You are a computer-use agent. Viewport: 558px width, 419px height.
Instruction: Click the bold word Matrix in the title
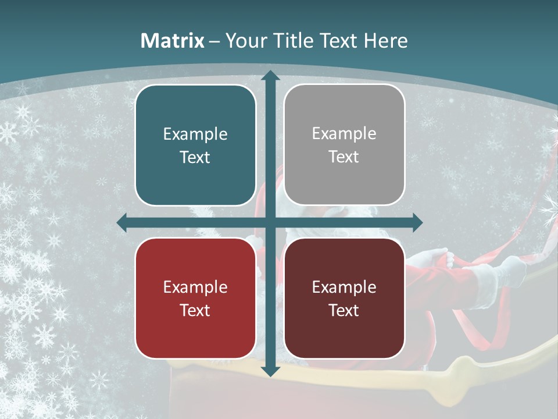pyautogui.click(x=173, y=41)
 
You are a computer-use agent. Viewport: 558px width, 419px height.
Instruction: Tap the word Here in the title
pyautogui.click(x=385, y=41)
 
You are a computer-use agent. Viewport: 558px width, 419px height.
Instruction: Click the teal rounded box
pyautogui.click(x=195, y=145)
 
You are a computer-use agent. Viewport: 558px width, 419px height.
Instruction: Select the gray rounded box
pyautogui.click(x=344, y=145)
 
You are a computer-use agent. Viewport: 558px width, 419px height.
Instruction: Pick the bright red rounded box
pyautogui.click(x=195, y=298)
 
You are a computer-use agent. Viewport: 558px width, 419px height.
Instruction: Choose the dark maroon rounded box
pyautogui.click(x=344, y=298)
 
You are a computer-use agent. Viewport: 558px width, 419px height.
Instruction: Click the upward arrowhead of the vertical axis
pyautogui.click(x=270, y=76)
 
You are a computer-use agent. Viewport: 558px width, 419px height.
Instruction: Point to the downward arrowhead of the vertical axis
pyautogui.click(x=270, y=371)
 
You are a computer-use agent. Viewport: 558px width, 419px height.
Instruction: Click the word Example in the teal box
pyautogui.click(x=195, y=134)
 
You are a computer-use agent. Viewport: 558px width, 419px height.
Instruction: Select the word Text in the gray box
pyautogui.click(x=344, y=157)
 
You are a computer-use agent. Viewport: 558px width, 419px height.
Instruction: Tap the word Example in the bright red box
pyautogui.click(x=195, y=287)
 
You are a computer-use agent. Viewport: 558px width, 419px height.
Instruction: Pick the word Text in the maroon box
pyautogui.click(x=344, y=310)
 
